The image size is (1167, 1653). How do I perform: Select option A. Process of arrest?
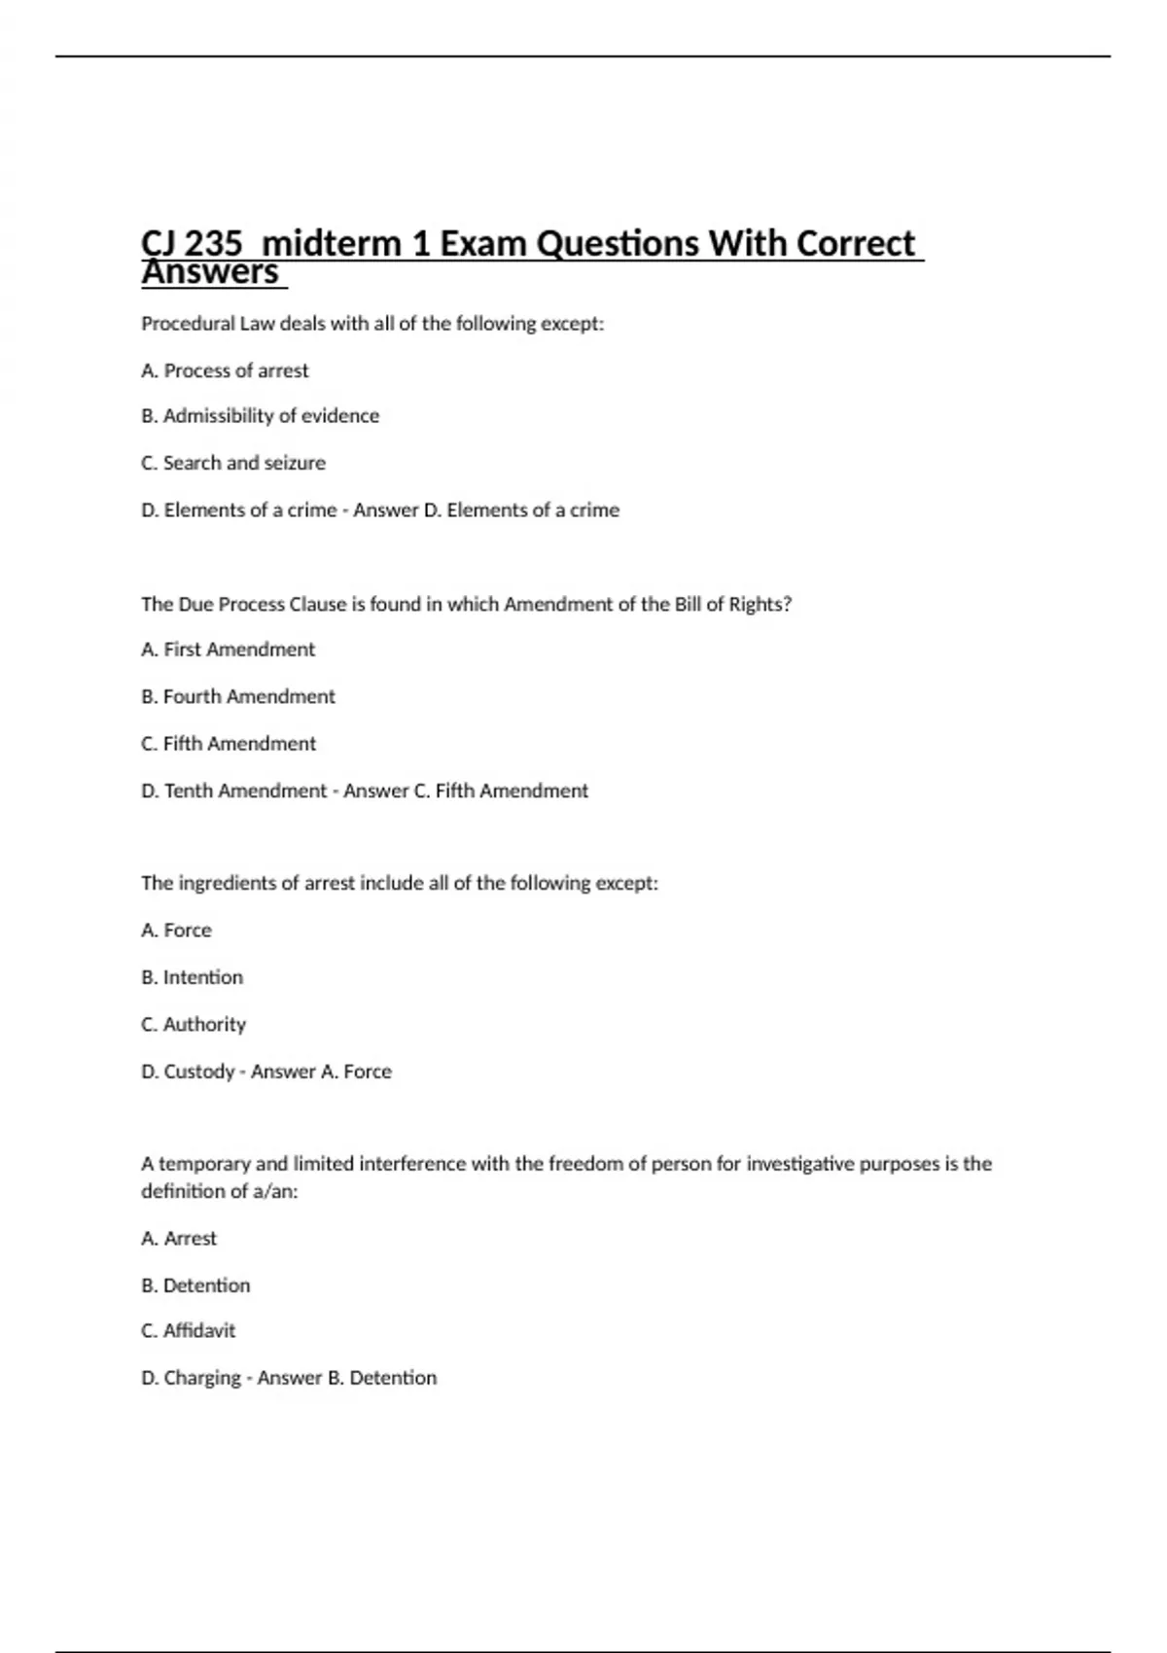tap(225, 370)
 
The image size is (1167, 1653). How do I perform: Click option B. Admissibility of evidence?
tap(260, 416)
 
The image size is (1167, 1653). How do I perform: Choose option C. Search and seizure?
tap(233, 463)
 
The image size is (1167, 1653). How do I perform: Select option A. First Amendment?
tap(228, 650)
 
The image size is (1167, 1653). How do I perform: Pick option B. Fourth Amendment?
tap(237, 696)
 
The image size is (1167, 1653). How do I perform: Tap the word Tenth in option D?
tap(188, 791)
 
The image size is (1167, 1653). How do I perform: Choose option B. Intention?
tap(192, 977)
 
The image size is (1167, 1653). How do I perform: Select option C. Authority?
tap(193, 1024)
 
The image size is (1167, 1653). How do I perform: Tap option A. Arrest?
tap(179, 1239)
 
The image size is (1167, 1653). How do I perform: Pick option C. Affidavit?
tap(188, 1330)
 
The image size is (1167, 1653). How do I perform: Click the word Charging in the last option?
tap(202, 1378)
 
